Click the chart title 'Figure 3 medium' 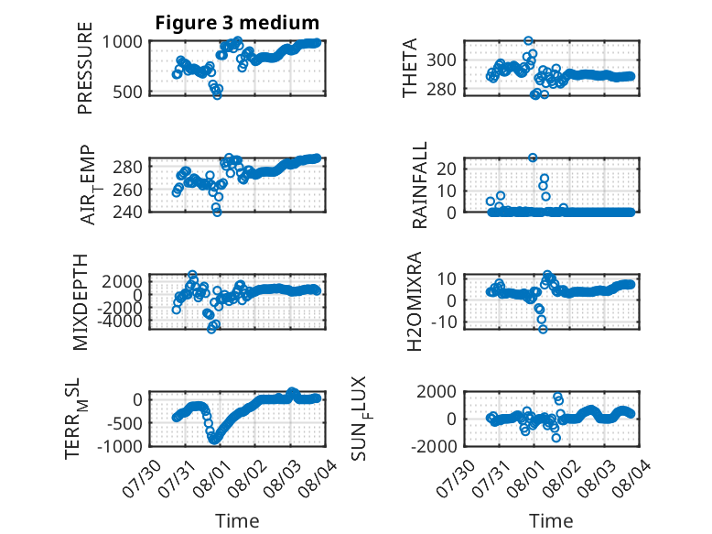[x=237, y=22]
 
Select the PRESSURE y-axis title [x=85, y=68]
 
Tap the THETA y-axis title [x=410, y=68]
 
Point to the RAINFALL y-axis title [x=419, y=185]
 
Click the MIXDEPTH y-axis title [x=80, y=302]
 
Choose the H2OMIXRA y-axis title [x=415, y=301]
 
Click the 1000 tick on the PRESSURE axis [x=122, y=42]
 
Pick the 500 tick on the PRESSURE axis [x=127, y=92]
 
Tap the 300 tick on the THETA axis [x=441, y=60]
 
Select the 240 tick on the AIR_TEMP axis [x=127, y=212]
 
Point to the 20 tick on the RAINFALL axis [x=447, y=169]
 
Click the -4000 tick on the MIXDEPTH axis [x=122, y=321]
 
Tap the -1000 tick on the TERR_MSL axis [x=120, y=446]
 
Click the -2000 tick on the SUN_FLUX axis [x=434, y=446]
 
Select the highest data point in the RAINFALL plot [x=533, y=158]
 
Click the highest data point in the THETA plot [x=528, y=41]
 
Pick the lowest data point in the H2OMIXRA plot [x=543, y=329]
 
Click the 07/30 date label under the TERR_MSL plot [x=142, y=478]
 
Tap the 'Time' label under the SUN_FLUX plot [x=551, y=521]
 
